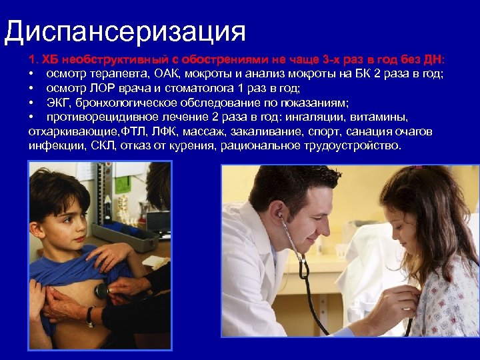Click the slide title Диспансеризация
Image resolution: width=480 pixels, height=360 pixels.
click(x=125, y=31)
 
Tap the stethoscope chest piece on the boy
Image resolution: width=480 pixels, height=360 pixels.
click(x=101, y=291)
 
